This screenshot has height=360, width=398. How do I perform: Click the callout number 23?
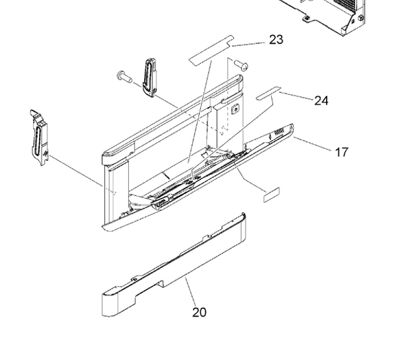click(x=276, y=40)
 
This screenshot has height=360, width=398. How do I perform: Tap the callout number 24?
click(x=321, y=100)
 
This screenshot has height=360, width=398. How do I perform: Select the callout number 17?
click(x=341, y=152)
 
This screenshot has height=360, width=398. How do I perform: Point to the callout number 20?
click(x=199, y=313)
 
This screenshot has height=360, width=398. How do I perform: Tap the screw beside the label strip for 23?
click(x=241, y=65)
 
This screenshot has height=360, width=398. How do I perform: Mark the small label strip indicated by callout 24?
click(x=269, y=93)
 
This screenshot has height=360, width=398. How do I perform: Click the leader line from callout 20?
click(x=190, y=292)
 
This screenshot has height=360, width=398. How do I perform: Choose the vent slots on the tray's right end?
click(x=280, y=131)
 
